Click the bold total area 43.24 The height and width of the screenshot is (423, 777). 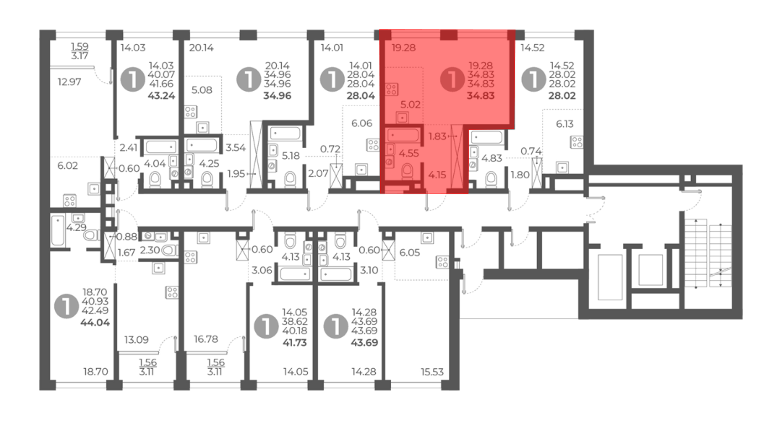(161, 96)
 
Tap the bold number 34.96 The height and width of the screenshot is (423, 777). (277, 96)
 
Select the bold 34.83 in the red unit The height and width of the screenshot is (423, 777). (481, 96)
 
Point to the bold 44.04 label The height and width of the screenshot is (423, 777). (95, 322)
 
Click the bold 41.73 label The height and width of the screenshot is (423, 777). (294, 343)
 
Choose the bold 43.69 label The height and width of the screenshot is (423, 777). (364, 343)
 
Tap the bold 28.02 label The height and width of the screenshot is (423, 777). (562, 96)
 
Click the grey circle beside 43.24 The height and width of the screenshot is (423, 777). (133, 79)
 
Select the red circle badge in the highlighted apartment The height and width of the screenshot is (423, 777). (452, 79)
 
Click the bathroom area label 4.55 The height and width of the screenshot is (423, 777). (409, 153)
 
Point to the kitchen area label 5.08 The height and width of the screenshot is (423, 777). (202, 90)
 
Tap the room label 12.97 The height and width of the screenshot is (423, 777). (69, 82)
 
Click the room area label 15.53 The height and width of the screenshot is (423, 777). (432, 372)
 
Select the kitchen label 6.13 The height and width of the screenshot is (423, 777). (564, 124)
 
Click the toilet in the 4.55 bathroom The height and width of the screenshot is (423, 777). (407, 171)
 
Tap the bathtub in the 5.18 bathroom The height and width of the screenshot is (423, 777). (286, 133)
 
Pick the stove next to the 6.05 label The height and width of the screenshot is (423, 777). (443, 262)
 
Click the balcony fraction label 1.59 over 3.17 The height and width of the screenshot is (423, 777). (80, 51)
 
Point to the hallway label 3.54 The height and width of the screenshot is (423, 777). (236, 147)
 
